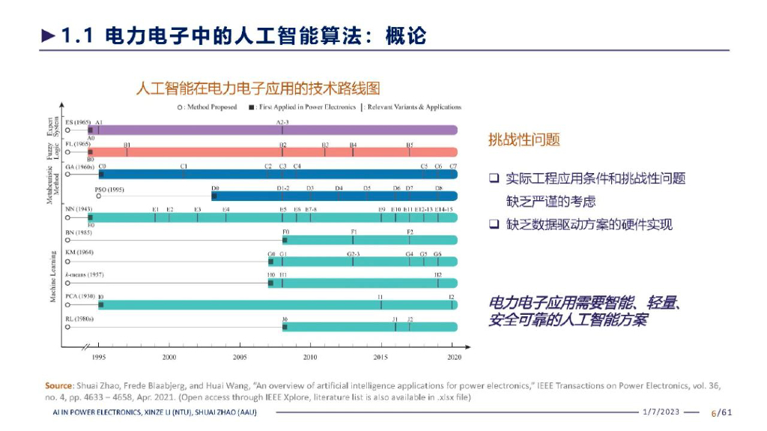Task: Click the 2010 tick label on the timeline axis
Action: pyautogui.click(x=309, y=357)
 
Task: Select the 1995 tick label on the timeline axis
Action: pyautogui.click(x=99, y=357)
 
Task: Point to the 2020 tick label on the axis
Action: pyautogui.click(x=454, y=357)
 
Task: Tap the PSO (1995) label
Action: pyautogui.click(x=109, y=190)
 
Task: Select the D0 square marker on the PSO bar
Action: pyautogui.click(x=214, y=196)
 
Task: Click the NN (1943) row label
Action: pyautogui.click(x=79, y=209)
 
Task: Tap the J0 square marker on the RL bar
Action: pyautogui.click(x=285, y=327)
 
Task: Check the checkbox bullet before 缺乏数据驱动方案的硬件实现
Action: pyautogui.click(x=494, y=224)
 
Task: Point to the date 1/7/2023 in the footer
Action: pyautogui.click(x=661, y=412)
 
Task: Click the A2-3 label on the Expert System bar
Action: pyautogui.click(x=282, y=121)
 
